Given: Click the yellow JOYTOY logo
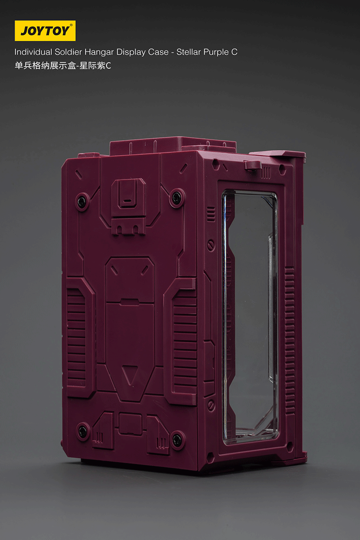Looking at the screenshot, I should [45, 31].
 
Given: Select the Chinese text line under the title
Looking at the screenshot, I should [63, 66].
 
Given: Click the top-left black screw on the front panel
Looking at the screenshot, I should [82, 200].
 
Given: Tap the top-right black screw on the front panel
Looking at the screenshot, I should [177, 196].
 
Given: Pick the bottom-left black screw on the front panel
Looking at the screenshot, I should [83, 430].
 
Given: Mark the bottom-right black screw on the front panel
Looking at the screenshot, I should [178, 438].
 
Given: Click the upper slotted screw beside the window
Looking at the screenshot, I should [211, 246].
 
